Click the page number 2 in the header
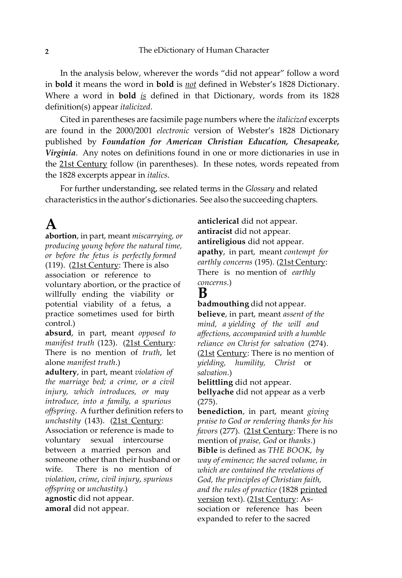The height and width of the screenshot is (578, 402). tap(47, 52)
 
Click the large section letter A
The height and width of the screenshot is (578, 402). tap(51, 224)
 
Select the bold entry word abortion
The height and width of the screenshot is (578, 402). tap(61, 236)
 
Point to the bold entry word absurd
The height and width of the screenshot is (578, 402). tap(58, 333)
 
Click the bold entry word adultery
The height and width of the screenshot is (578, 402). tap(61, 372)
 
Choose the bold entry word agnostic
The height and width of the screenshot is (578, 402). tap(61, 498)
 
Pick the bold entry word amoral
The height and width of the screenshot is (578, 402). tap(58, 509)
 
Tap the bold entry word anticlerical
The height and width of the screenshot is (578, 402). tap(218, 221)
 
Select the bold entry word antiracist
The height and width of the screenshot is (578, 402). tap(215, 231)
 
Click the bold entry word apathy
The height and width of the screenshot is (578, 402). tap(210, 252)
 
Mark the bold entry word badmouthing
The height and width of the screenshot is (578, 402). tap(223, 304)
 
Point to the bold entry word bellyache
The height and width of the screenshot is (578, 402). tap(215, 392)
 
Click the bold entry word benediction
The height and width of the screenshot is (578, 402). tap(220, 411)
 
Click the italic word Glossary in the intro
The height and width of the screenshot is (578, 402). tap(260, 189)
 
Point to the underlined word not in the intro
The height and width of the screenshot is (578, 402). tap(191, 85)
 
